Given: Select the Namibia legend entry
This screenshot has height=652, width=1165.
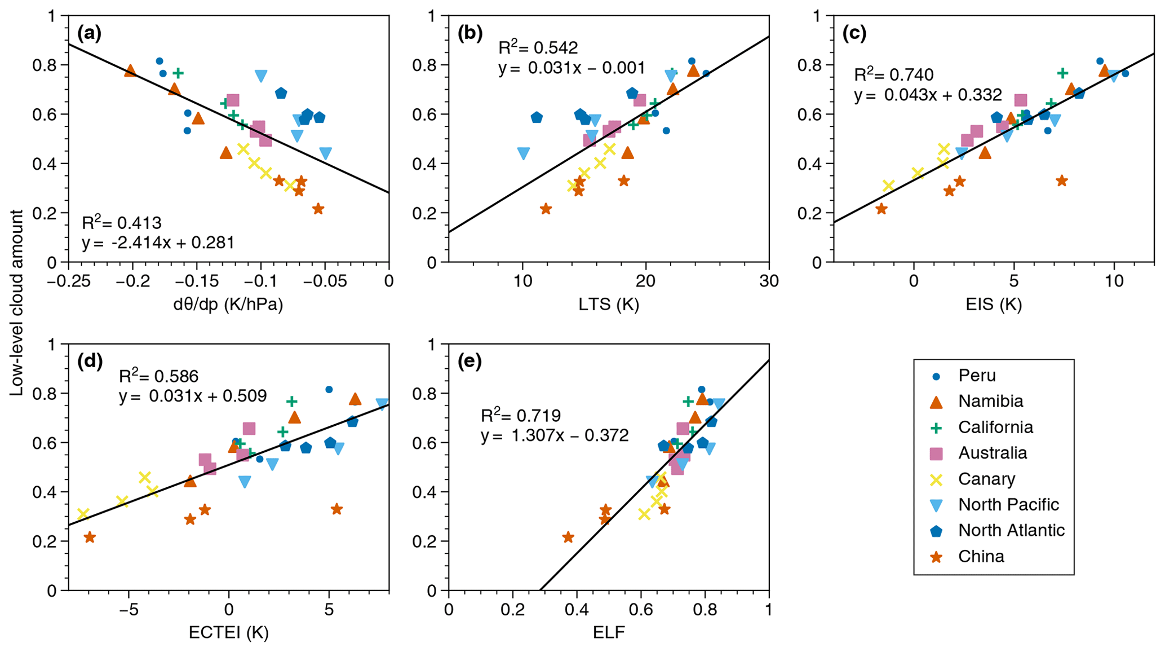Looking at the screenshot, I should click(x=990, y=402).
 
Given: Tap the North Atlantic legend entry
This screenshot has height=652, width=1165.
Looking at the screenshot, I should click(x=1011, y=531).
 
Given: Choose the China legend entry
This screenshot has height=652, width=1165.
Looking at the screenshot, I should click(x=981, y=557).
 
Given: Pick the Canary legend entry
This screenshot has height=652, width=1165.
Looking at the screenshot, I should click(x=986, y=479).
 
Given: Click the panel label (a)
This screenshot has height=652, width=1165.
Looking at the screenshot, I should click(x=90, y=34).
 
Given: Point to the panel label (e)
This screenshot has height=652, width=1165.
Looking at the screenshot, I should click(x=469, y=362).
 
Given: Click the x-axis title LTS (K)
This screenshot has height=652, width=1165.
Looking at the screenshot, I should click(x=609, y=305).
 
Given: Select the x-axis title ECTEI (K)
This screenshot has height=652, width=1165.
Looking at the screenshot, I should click(x=228, y=633).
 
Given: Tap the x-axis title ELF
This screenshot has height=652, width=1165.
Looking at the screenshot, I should click(x=609, y=633).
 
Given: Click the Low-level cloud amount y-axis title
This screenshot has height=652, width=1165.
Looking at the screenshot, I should click(x=17, y=303).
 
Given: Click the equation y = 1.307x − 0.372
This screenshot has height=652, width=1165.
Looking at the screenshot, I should click(x=555, y=436).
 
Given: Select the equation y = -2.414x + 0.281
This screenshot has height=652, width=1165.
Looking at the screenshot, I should click(x=158, y=243).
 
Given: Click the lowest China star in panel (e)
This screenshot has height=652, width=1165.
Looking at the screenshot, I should click(x=568, y=537).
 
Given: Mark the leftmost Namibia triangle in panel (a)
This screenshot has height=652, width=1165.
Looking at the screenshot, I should click(x=130, y=71).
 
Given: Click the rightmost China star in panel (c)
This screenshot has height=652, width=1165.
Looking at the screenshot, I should click(x=1062, y=181).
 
